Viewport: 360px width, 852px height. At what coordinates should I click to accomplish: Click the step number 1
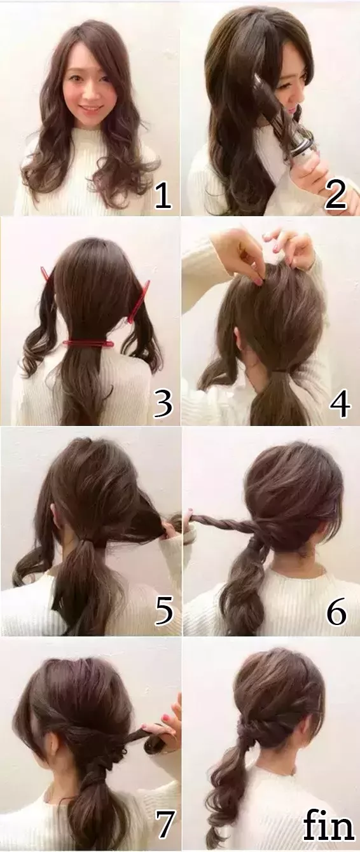tap(163, 195)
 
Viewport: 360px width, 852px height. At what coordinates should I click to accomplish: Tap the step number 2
tap(335, 195)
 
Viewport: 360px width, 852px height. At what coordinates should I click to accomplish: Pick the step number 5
tap(164, 612)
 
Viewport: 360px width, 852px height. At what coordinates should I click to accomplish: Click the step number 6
tap(337, 612)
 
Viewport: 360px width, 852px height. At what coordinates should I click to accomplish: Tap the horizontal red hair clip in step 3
tap(88, 343)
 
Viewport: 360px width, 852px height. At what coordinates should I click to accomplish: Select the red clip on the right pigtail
tap(139, 301)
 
